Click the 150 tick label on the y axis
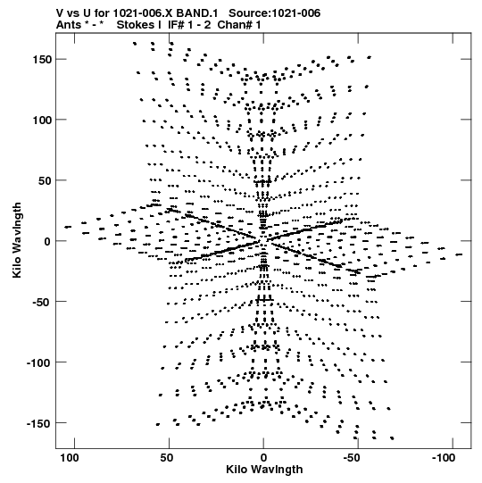(42, 60)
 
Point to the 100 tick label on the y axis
(42, 121)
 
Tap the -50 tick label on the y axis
(41, 302)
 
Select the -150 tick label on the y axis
(38, 423)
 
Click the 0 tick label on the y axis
(47, 242)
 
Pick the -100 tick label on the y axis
(38, 362)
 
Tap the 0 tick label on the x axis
(263, 458)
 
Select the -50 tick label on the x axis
(352, 458)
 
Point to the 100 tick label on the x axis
(70, 458)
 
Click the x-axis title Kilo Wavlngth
(264, 470)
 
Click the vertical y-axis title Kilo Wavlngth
(17, 240)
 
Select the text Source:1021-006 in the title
(274, 13)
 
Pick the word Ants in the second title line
(69, 25)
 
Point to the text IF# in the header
(176, 25)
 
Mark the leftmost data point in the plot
(68, 227)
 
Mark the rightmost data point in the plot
(459, 254)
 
